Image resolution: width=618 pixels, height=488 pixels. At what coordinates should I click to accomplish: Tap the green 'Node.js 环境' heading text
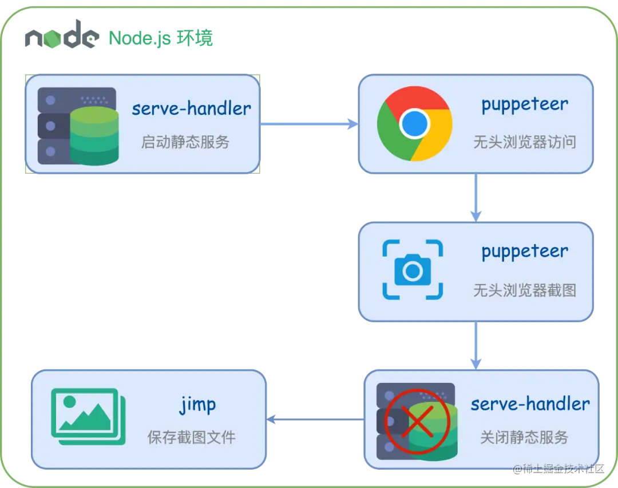coord(161,38)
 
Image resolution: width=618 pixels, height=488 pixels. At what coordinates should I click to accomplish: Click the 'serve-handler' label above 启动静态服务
coord(191,109)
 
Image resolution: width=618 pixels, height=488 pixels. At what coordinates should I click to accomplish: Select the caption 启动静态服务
coord(185,142)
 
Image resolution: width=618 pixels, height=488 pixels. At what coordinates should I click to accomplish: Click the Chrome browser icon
coord(415,123)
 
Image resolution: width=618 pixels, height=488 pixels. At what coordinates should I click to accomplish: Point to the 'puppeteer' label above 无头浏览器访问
coord(524,105)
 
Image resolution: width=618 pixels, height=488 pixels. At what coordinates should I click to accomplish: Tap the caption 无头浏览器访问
coord(524,142)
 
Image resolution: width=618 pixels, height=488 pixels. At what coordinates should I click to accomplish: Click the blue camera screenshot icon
coord(413,270)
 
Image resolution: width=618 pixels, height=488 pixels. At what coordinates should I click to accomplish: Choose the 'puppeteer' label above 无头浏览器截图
coord(524,251)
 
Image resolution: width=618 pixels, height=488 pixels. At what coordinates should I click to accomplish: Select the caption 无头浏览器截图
coord(524,290)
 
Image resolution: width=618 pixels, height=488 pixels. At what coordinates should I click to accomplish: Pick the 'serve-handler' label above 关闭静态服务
coord(530,404)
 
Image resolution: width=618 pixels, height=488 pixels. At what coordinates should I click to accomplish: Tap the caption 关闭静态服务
coord(524,438)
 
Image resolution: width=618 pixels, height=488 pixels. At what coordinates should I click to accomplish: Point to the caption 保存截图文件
coord(191,438)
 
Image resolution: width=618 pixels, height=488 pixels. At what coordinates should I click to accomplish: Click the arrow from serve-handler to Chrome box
coord(309,123)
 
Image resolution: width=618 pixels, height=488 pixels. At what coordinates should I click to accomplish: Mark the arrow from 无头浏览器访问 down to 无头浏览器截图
coord(476,198)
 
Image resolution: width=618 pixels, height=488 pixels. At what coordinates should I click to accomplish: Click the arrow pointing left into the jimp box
coord(315,419)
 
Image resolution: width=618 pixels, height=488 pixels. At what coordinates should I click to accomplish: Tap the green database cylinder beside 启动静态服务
coord(94,137)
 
